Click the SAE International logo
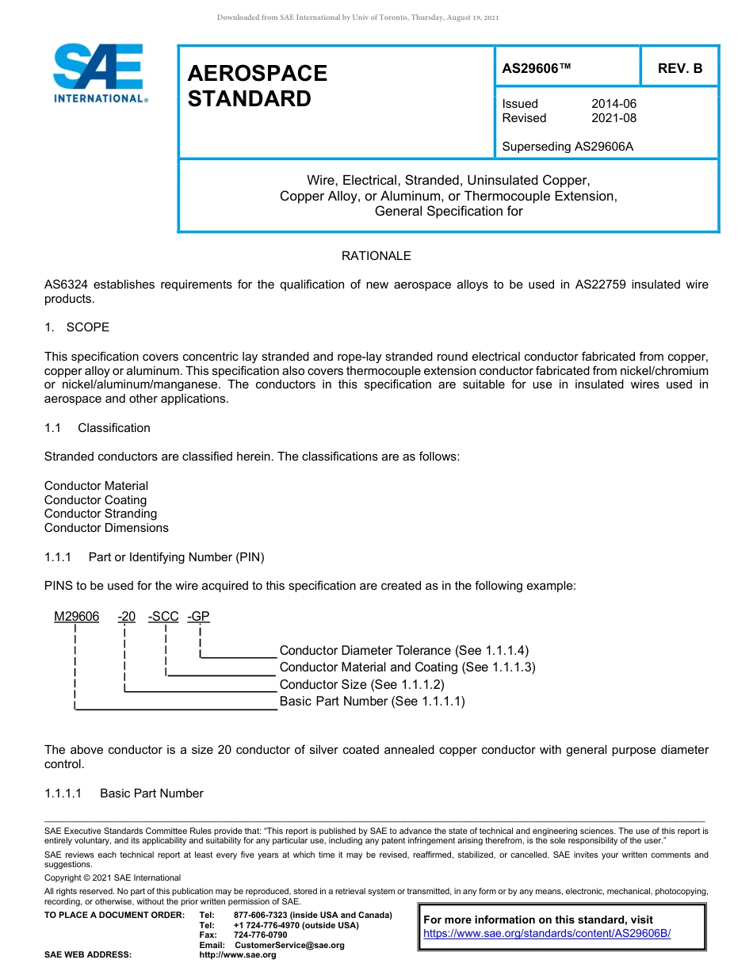98,73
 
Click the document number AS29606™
537,68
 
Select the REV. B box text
680,68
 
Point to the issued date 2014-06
613,104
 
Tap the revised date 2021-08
613,118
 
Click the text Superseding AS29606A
568,147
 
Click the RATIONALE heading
376,256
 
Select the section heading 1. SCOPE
77,327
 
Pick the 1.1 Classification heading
97,428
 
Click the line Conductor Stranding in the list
101,514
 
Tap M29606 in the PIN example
77,617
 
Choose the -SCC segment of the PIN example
163,617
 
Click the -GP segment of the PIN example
198,617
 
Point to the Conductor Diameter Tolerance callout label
403,651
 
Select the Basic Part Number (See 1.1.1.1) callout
372,702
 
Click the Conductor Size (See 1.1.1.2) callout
361,685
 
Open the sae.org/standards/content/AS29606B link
547,934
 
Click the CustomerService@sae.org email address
290,945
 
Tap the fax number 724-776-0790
261,935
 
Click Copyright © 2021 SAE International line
113,877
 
